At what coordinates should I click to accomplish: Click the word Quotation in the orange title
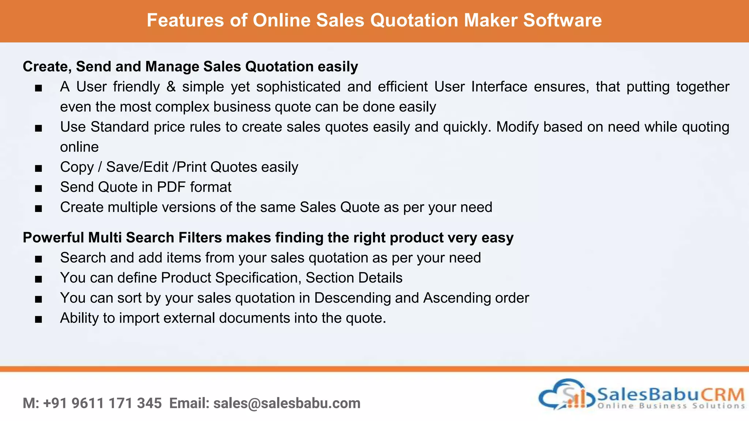click(414, 20)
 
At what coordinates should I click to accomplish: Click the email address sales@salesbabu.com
click(287, 403)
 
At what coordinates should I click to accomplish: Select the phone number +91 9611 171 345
click(102, 403)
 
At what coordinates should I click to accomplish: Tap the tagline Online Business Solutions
click(671, 406)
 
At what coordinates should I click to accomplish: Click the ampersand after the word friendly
click(171, 87)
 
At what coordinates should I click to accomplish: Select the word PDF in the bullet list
click(171, 187)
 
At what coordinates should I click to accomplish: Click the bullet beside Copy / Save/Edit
click(38, 168)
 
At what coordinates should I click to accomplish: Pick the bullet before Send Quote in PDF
click(38, 189)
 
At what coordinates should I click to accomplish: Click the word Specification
click(258, 278)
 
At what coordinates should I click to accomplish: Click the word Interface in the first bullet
click(499, 87)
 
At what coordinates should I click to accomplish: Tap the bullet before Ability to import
click(38, 319)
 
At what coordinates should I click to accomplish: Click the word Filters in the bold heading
click(200, 238)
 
